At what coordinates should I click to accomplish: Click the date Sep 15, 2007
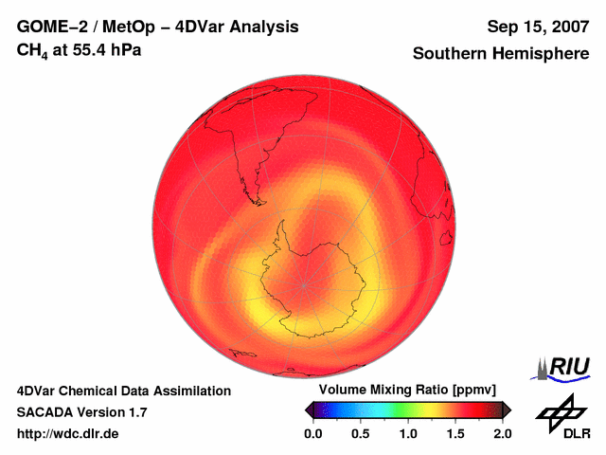tap(537, 27)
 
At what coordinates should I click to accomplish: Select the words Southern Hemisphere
tap(500, 54)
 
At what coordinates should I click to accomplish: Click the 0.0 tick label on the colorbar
tap(313, 433)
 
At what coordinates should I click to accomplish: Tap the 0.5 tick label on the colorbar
tap(361, 433)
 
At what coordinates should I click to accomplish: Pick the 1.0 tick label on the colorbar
tap(408, 433)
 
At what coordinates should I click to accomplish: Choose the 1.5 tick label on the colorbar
tap(455, 433)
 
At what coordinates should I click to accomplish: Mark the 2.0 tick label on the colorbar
tap(502, 433)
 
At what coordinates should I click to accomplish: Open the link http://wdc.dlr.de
tap(68, 433)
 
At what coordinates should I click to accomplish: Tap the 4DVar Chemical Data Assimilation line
tap(124, 391)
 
